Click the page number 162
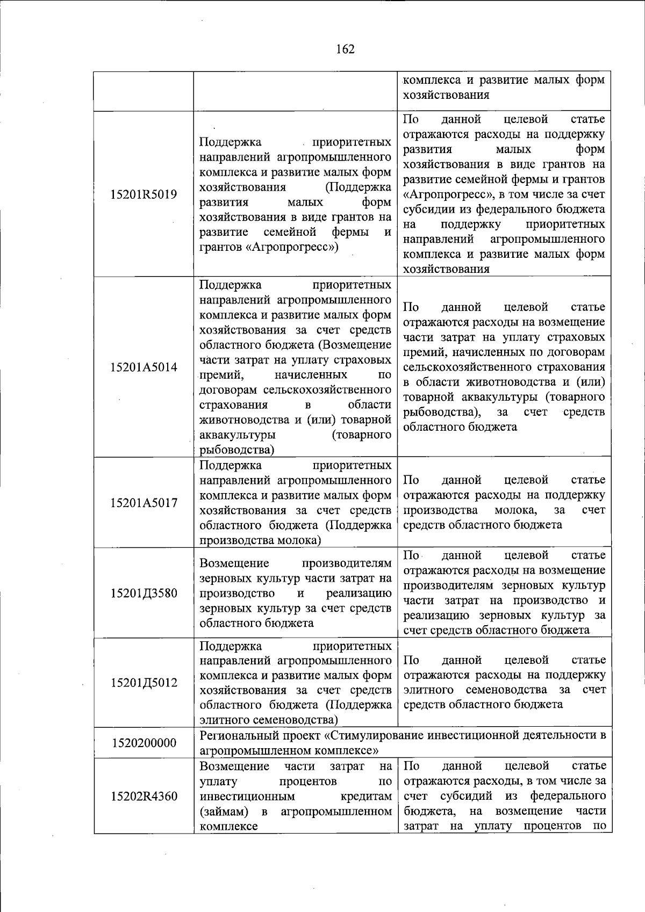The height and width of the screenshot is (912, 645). [x=345, y=49]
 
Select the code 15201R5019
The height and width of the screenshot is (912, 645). [x=144, y=194]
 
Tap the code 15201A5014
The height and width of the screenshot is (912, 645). [x=144, y=367]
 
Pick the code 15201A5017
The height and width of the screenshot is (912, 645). [x=144, y=503]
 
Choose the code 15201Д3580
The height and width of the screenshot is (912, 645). [x=144, y=593]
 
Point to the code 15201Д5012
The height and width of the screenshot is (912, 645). [x=144, y=683]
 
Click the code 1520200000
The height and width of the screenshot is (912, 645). [x=144, y=743]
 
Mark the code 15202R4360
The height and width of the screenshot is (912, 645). [x=144, y=796]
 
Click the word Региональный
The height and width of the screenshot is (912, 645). [x=238, y=735]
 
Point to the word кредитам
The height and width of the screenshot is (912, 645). [x=366, y=796]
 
